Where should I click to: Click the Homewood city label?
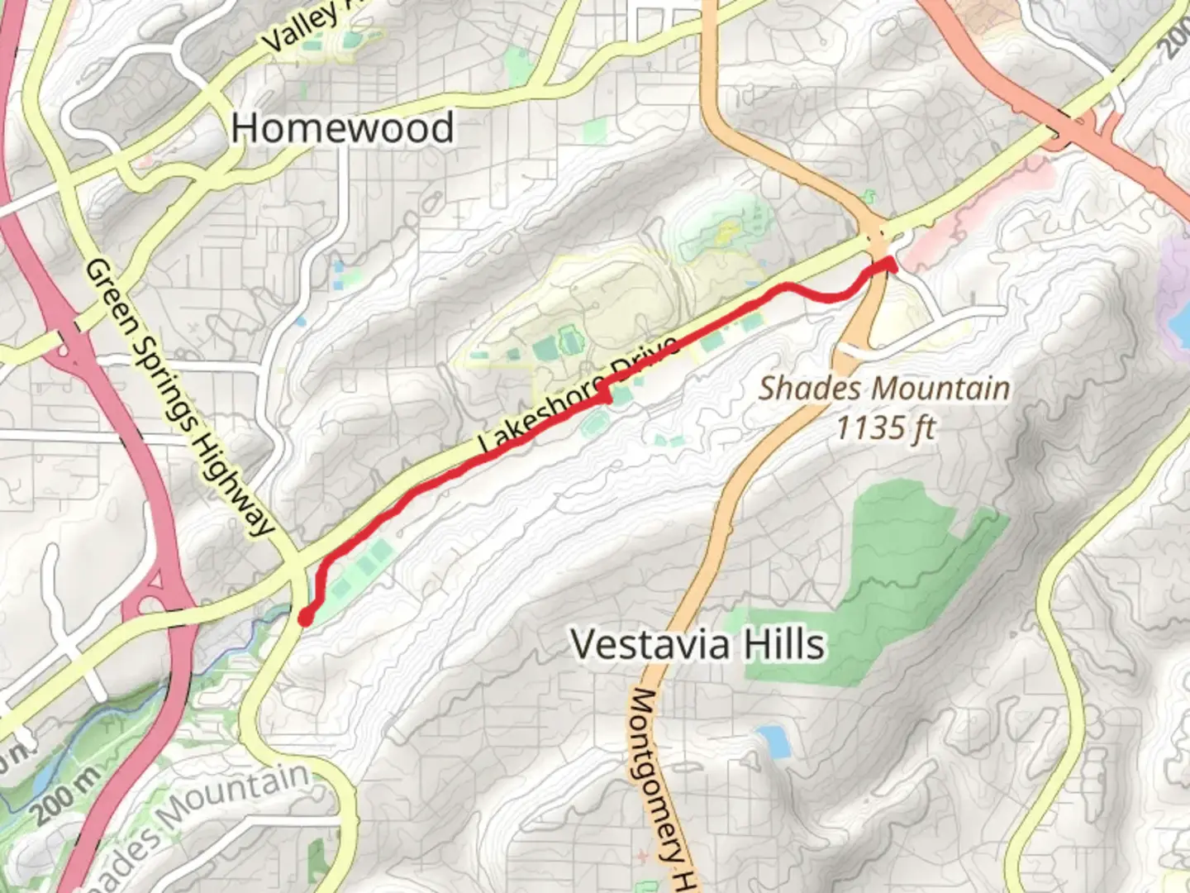[342, 128]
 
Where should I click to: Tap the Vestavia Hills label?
[697, 644]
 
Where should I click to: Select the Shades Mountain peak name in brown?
[883, 388]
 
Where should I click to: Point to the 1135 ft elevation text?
[885, 428]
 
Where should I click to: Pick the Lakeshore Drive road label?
[578, 395]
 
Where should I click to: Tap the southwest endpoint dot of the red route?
[304, 618]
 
